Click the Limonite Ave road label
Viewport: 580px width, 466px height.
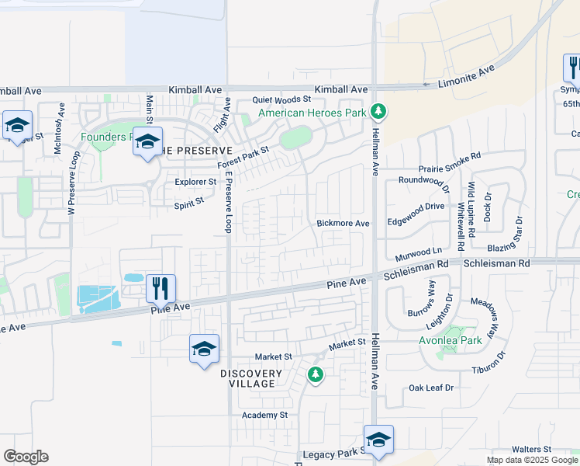(466, 75)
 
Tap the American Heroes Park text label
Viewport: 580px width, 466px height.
(312, 113)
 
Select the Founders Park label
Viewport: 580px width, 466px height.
(105, 137)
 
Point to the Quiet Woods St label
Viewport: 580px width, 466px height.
(282, 99)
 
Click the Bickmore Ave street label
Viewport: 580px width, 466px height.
(343, 223)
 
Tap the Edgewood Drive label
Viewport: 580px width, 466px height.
(416, 206)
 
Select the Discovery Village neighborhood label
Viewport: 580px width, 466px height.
(247, 378)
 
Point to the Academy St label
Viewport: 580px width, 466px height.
(264, 415)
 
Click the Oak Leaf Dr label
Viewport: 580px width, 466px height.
(431, 387)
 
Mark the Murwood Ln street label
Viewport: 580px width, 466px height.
(418, 251)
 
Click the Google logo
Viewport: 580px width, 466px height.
(26, 456)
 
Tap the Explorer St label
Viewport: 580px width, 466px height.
(195, 182)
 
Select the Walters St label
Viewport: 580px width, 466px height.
(531, 449)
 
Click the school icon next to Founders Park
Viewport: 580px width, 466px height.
(147, 142)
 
